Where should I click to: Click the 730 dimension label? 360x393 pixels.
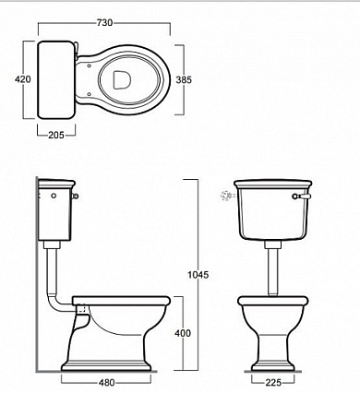point(104,23)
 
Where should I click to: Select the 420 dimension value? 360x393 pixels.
point(23,79)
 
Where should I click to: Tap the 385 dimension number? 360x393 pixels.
point(184,79)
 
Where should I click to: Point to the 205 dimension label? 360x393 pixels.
point(56,135)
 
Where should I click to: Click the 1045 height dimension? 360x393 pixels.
point(198,275)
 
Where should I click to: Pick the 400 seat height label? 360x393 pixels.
point(183,333)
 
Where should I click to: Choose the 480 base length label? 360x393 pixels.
point(107,383)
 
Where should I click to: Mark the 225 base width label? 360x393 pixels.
point(273,383)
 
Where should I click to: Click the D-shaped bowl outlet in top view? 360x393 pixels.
point(122,80)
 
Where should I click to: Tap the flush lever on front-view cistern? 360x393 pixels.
point(302,196)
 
